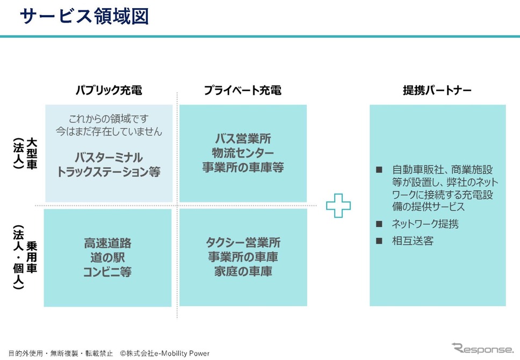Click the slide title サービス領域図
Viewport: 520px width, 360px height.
pos(84,16)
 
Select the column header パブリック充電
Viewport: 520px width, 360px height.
pos(109,90)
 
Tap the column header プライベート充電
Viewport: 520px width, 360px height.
pos(243,90)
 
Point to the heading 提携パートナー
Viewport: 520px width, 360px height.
pos(437,90)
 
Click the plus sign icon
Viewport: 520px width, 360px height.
pos(338,206)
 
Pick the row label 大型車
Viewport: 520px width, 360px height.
pos(32,154)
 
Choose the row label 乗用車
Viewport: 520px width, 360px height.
pos(32,257)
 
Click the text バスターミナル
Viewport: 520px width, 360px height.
pos(109,157)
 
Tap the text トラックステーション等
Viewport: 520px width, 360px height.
pos(109,171)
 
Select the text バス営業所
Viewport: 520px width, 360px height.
pos(243,139)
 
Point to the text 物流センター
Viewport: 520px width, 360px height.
pos(243,153)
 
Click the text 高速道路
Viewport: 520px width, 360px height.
pos(108,243)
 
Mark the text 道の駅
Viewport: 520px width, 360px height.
pos(108,257)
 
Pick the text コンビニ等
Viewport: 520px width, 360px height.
pos(108,272)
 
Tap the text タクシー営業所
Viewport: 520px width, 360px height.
pos(243,242)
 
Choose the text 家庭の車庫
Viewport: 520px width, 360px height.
pos(243,271)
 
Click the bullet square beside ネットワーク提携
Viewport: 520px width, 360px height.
pos(379,224)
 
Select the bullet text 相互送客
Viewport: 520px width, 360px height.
pos(413,241)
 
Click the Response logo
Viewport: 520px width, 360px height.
pos(482,348)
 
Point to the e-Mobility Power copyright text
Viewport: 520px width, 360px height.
pos(165,354)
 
